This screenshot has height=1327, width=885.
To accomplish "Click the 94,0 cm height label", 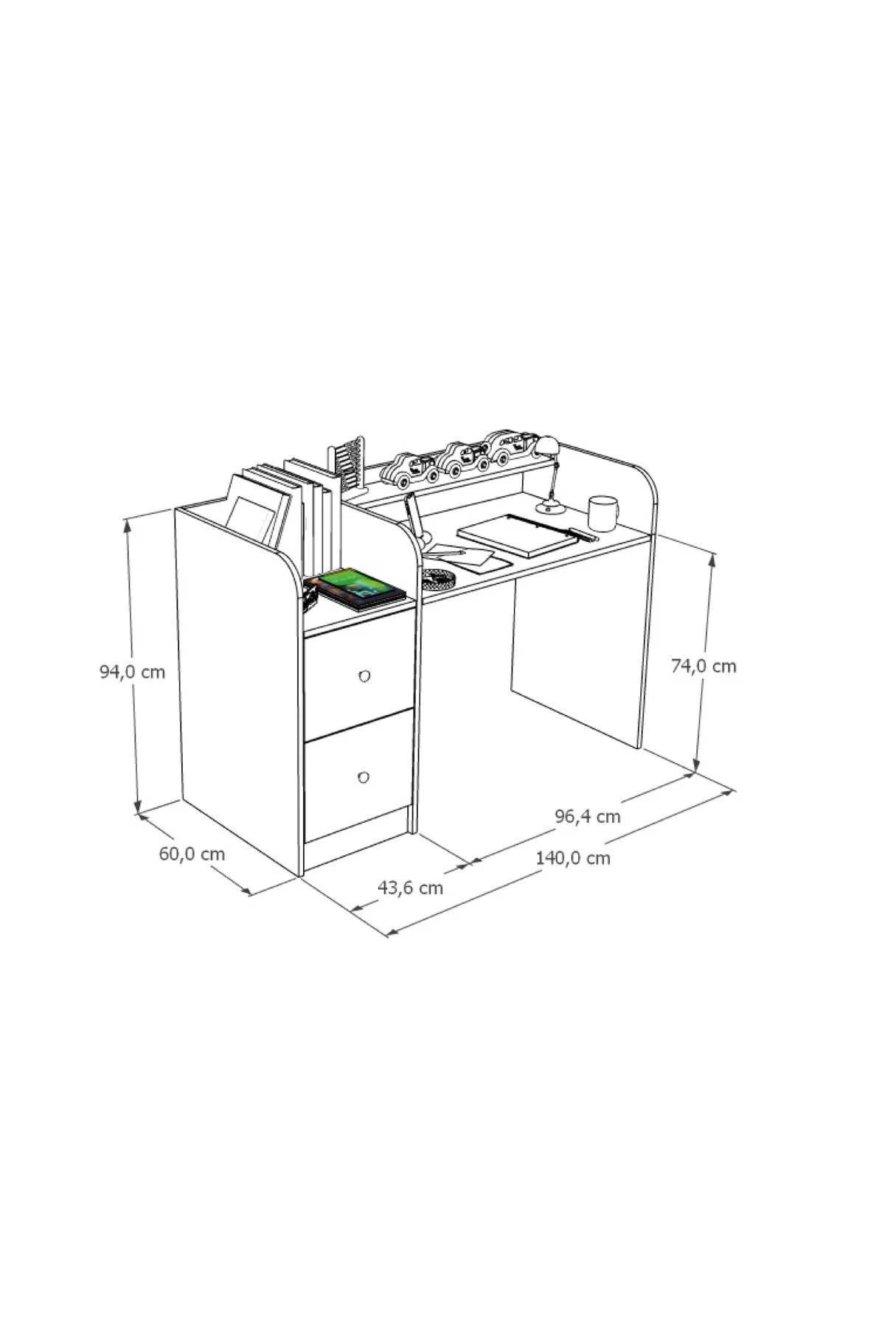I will [x=133, y=672].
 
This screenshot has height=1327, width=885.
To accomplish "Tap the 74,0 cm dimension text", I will [x=704, y=666].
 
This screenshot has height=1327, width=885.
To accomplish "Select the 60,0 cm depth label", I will [x=192, y=854].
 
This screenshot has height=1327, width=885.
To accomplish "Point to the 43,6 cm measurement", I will [x=410, y=888].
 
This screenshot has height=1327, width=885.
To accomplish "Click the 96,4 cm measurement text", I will [x=587, y=816].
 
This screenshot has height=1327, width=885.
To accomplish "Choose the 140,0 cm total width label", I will [x=573, y=857].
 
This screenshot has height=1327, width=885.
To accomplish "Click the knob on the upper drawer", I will [x=363, y=675].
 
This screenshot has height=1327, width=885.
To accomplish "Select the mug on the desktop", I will [x=603, y=513].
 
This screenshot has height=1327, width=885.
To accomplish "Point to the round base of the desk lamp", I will [x=550, y=507].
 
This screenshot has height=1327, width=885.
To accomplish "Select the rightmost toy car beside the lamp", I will [x=511, y=445].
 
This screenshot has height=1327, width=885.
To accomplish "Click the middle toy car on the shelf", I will [x=459, y=457].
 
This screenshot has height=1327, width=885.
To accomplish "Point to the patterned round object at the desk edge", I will [x=438, y=578].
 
